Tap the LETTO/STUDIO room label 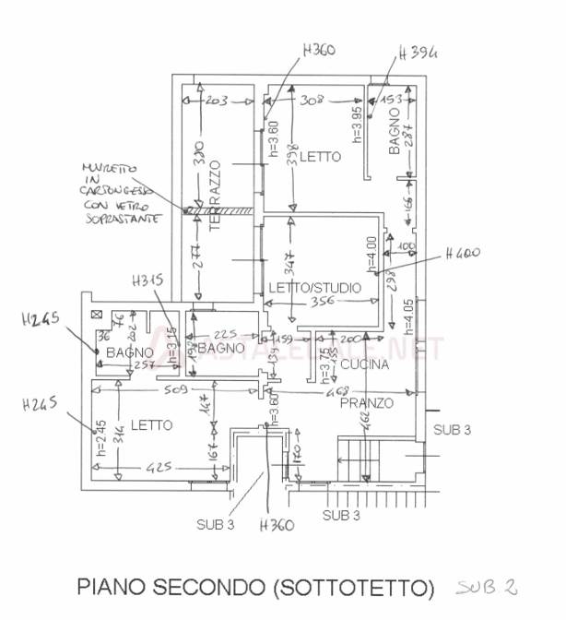coord(314,288)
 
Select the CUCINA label coord(364,365)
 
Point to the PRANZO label coord(366,403)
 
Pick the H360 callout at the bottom coord(276,526)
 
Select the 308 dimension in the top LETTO coord(314,100)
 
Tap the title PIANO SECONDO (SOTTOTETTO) coord(255,587)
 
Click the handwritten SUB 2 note coord(485,586)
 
